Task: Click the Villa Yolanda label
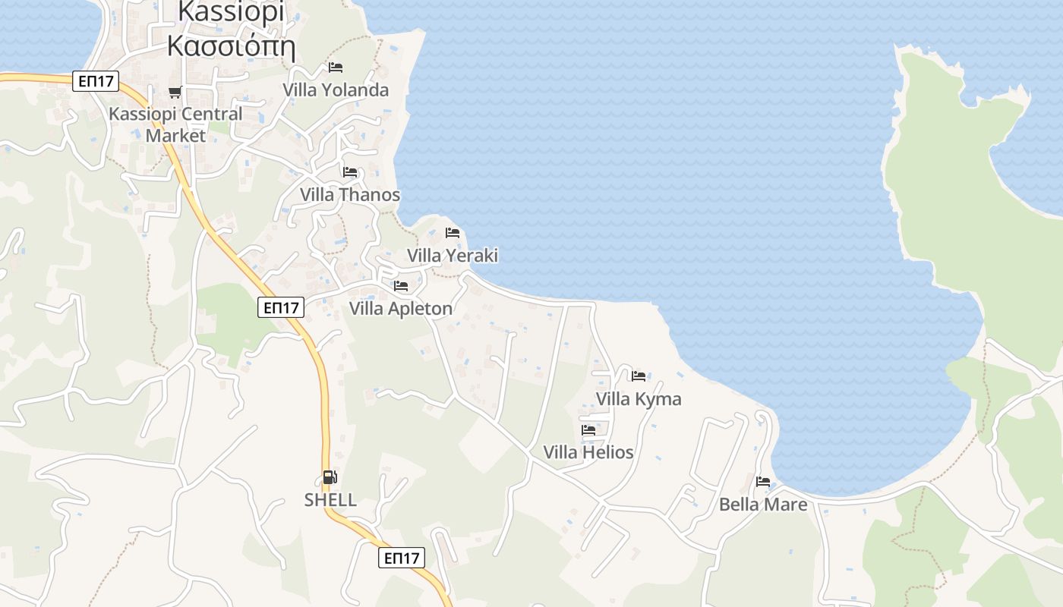point(336,90)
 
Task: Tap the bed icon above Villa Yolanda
point(336,68)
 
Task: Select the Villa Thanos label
point(350,195)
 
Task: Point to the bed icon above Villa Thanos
point(350,172)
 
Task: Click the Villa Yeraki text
point(453,256)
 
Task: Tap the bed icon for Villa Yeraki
point(453,232)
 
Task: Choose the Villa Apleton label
point(401,309)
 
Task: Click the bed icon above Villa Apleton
point(401,286)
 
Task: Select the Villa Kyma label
point(639,399)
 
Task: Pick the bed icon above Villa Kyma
point(639,376)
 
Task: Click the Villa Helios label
point(588,453)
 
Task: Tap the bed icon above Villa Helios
point(588,429)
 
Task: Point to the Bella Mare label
point(763,505)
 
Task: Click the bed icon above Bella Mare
point(763,481)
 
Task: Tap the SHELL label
point(330,501)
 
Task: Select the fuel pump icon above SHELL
point(330,477)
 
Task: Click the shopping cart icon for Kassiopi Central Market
point(175,92)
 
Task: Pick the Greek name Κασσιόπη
point(231,46)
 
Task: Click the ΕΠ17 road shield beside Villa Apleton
point(281,307)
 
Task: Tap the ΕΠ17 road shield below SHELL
point(402,558)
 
